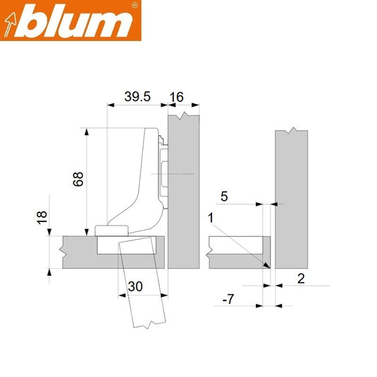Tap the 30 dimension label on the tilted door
coord(135,286)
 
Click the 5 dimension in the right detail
coord(224,196)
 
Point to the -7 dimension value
coord(228,300)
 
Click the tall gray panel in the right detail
coord(292,198)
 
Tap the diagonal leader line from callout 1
coord(240,240)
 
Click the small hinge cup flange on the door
coord(111,230)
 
